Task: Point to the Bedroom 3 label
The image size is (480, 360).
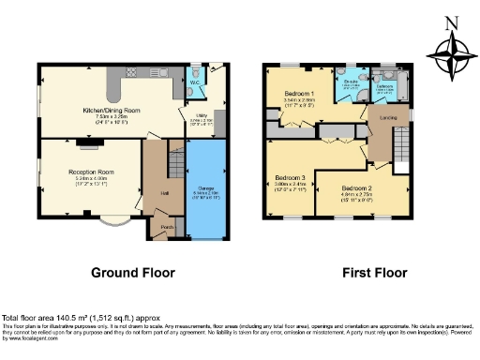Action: (x=291, y=178)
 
